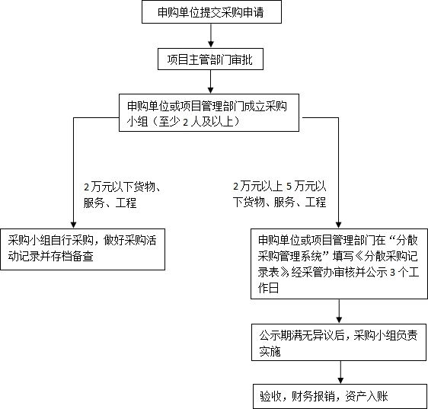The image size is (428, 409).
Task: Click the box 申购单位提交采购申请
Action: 212,11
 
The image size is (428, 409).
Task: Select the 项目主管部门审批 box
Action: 210,59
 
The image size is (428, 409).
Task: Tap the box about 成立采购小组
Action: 209,113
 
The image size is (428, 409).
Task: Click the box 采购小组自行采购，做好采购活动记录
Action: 83,249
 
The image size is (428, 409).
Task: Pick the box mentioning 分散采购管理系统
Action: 340,264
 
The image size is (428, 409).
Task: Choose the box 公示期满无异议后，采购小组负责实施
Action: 339,343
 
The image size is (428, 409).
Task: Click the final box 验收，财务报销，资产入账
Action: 340,396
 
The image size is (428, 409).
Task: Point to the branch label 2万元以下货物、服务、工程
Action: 122,195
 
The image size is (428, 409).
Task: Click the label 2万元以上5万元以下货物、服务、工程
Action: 279,194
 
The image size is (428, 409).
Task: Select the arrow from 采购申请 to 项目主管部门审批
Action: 211,36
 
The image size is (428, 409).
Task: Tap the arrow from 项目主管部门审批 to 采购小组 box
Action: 210,81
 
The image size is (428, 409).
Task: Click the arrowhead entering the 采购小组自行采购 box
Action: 73,225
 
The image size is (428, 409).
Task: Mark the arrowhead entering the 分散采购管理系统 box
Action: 338,225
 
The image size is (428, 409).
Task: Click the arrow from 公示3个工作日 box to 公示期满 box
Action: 339,312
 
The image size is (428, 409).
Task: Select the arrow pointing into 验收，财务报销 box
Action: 340,372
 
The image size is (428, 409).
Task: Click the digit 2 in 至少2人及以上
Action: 186,122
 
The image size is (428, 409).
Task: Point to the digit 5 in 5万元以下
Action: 289,187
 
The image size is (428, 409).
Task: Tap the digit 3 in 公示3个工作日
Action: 392,273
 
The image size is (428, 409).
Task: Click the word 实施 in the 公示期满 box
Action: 270,351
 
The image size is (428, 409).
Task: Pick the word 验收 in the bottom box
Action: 270,397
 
